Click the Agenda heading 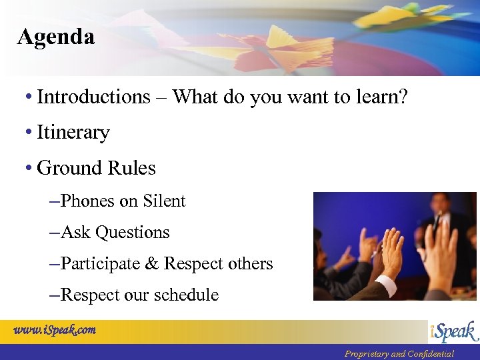click(x=56, y=37)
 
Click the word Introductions click(x=93, y=97)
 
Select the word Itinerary click(x=73, y=133)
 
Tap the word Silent click(x=163, y=201)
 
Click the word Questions click(x=132, y=233)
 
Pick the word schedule click(x=187, y=295)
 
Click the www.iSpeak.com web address click(x=55, y=329)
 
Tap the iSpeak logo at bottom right click(x=453, y=331)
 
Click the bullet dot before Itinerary click(x=29, y=133)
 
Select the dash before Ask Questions click(x=54, y=233)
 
